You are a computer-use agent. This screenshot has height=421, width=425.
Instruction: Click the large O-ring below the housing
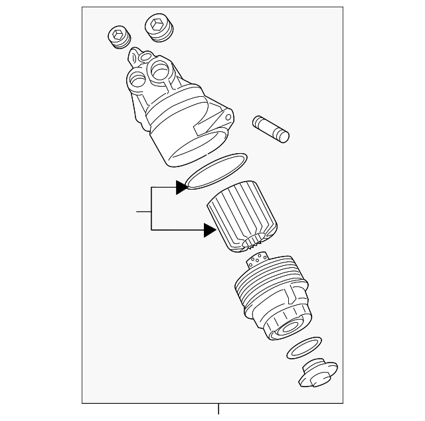pos(216,172)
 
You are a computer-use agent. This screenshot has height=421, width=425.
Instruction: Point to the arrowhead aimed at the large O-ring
pos(181,188)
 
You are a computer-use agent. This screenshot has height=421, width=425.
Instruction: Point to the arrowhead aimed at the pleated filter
pos(209,230)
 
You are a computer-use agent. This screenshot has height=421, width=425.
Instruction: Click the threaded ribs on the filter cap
pos(259,292)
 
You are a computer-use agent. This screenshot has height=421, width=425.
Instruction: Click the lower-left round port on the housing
pos(137,81)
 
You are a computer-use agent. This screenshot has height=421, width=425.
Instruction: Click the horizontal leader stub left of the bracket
pos(143,211)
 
